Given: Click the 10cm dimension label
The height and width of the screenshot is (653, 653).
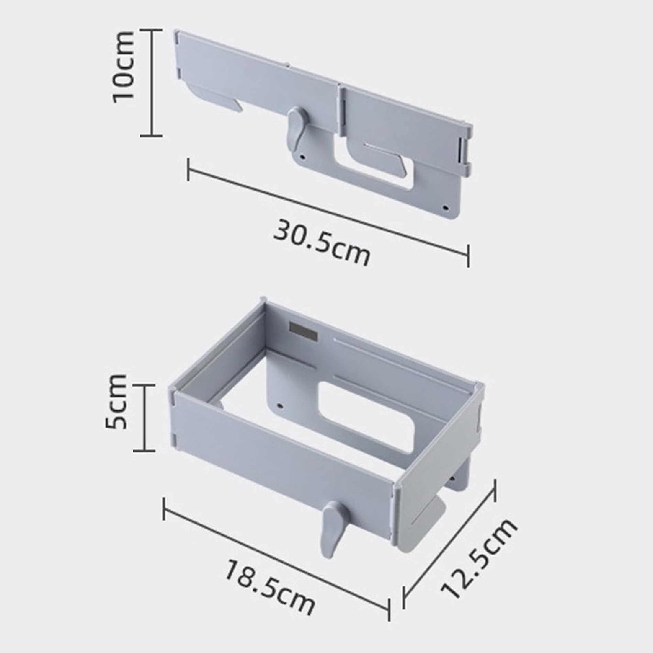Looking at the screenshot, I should pyautogui.click(x=123, y=66).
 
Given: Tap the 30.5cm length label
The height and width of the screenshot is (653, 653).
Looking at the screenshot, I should pyautogui.click(x=322, y=242).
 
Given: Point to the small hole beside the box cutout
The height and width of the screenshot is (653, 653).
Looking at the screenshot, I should pyautogui.click(x=281, y=405).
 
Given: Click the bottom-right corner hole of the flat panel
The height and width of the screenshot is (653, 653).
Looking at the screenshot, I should pyautogui.click(x=446, y=208).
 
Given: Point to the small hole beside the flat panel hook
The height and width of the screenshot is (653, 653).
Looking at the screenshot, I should pyautogui.click(x=303, y=158).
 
